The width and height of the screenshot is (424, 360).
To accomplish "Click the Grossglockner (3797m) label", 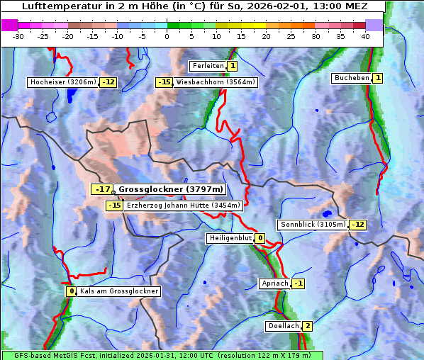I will click(170, 189).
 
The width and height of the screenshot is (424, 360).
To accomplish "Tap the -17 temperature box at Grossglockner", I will click(103, 189).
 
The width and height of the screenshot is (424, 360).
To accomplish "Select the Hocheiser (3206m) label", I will click(63, 82).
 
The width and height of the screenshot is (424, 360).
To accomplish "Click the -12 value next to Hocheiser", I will click(108, 82).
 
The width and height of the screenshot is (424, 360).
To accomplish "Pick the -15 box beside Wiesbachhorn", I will click(164, 82).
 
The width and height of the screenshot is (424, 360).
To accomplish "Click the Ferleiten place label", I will click(208, 66).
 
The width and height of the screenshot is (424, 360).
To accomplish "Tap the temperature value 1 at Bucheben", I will click(378, 77).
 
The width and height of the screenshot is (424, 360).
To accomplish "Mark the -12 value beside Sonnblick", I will click(358, 225).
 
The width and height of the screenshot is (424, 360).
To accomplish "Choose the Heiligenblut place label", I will click(230, 238).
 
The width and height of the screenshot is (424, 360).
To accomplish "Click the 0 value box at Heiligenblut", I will click(260, 238).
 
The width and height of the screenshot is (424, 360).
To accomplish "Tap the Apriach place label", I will click(274, 283).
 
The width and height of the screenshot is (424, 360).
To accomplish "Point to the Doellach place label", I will click(283, 326).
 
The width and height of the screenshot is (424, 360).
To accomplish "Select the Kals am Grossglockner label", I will click(118, 291).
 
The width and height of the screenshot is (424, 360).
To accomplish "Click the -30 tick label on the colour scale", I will click(18, 36).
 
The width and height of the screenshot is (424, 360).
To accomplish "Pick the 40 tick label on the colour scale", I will click(365, 36).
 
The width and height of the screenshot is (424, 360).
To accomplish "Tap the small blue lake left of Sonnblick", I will click(326, 213).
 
